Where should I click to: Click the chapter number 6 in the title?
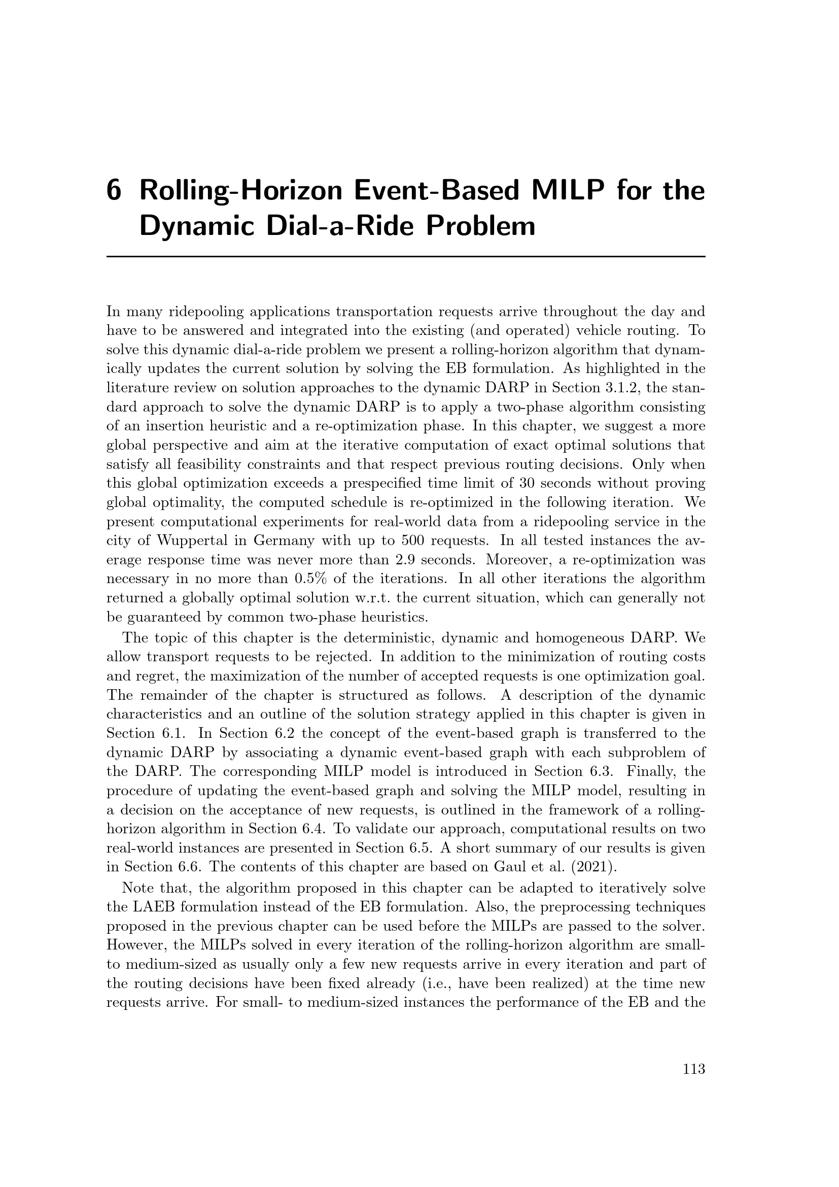114,191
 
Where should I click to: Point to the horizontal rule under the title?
406,256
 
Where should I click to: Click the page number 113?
694,1069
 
